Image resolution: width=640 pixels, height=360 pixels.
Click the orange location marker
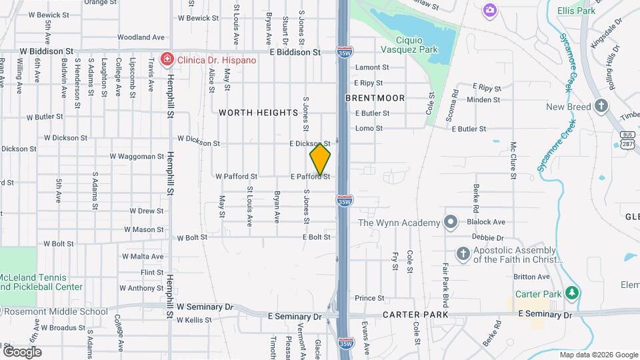pyautogui.click(x=320, y=159)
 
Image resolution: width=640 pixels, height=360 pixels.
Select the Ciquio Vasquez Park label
pyautogui.click(x=418, y=49)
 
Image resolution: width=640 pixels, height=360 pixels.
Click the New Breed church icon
pyautogui.click(x=601, y=106)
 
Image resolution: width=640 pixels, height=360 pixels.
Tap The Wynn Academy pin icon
pyautogui.click(x=451, y=223)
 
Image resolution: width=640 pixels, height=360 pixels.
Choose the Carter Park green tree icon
pyautogui.click(x=571, y=293)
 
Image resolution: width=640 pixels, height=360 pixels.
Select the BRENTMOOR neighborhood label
pyautogui.click(x=375, y=98)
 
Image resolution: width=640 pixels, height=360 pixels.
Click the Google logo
pyautogui.click(x=21, y=351)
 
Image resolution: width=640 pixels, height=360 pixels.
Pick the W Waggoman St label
pyautogui.click(x=137, y=157)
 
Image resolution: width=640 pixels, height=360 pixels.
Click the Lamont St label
pyautogui.click(x=372, y=67)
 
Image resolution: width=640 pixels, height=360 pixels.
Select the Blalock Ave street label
pyautogui.click(x=486, y=222)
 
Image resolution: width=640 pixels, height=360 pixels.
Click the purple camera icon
pyautogui.click(x=490, y=9)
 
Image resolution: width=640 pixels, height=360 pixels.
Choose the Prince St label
pyautogui.click(x=370, y=298)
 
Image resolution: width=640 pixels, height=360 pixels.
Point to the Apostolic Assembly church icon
pyautogui.click(x=463, y=253)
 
